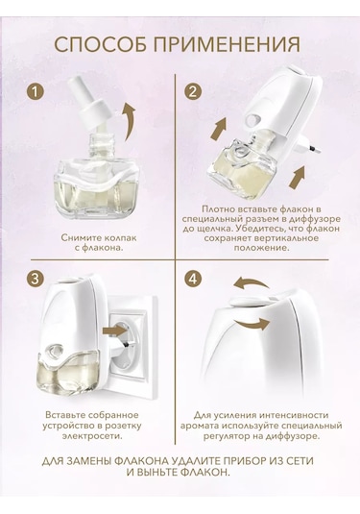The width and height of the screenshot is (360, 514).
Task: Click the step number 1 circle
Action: (x=36, y=92)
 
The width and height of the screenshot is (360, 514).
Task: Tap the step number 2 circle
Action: (x=193, y=92)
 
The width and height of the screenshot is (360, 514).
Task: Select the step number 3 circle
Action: (x=36, y=279)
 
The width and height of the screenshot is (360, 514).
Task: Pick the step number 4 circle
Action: (x=193, y=279)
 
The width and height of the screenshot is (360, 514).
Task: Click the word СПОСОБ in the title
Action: (x=101, y=44)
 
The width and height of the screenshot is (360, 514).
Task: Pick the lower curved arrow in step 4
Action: (x=252, y=325)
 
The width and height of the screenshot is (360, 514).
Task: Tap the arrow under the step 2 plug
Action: (x=298, y=177)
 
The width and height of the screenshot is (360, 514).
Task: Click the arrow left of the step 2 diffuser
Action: (x=219, y=130)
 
